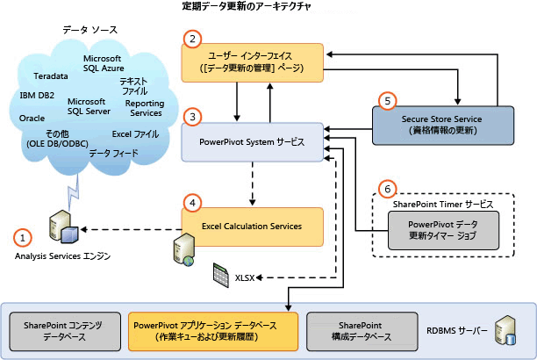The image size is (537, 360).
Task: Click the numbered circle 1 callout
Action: pos(24,236)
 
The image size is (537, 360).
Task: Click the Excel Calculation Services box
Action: pos(251,226)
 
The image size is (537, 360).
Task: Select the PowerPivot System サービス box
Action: pos(251,141)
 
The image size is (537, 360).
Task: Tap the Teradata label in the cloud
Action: pos(51,76)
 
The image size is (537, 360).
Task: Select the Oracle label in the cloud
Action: pos(32,118)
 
